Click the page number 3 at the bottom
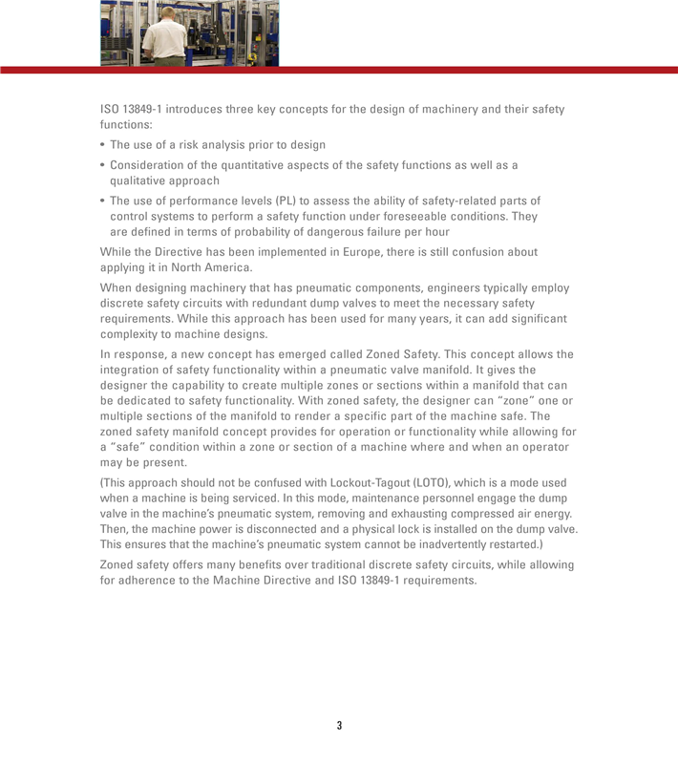339,726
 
